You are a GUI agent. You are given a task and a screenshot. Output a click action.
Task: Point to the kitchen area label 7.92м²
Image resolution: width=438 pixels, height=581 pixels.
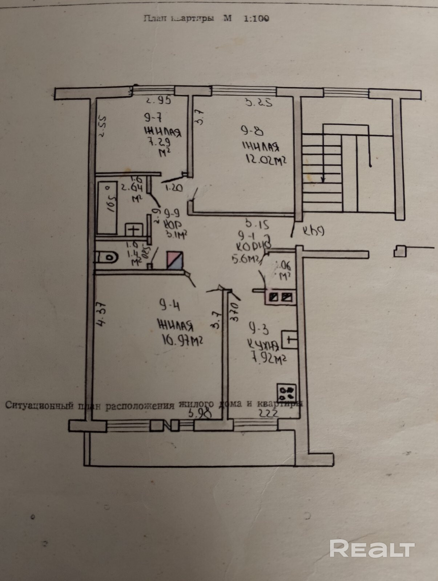pos(269,359)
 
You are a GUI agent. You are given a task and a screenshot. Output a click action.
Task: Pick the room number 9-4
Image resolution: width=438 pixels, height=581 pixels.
pos(169,305)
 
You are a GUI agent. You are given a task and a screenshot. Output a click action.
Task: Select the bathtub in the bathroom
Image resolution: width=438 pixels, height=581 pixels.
pos(107,208)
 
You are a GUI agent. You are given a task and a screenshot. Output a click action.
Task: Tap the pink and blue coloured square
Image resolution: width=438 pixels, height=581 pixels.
pos(175,260)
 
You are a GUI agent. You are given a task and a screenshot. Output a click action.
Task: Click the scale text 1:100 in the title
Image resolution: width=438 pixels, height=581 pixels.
pos(256,19)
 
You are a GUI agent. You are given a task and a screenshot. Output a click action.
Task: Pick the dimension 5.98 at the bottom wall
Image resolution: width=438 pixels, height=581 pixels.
pos(199,413)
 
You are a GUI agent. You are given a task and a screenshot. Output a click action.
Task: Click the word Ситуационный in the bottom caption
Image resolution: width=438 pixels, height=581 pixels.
pos(39,405)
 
